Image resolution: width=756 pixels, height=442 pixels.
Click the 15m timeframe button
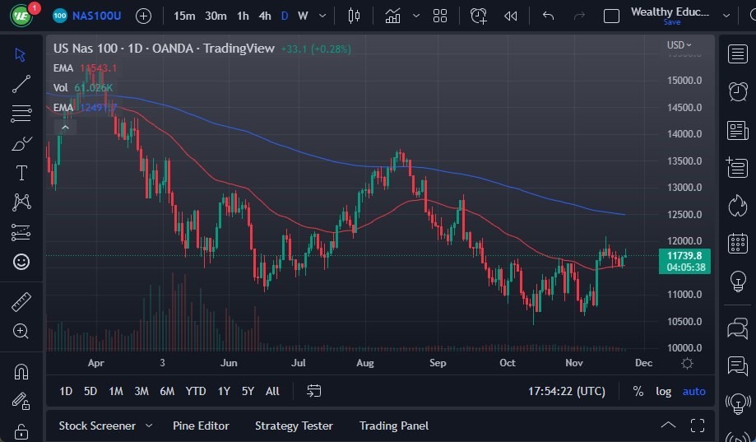coord(184,16)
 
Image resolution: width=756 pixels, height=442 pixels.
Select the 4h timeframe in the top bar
coord(264,16)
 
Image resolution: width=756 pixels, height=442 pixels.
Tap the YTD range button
coord(196,391)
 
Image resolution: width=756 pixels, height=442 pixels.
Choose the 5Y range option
coord(248,391)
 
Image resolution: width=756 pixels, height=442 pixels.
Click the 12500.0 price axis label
coord(684,215)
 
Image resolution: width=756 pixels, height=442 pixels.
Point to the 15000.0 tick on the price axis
coord(684,81)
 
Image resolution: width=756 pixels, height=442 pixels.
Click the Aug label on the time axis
coord(365,363)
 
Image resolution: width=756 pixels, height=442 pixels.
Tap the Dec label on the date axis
coord(643,363)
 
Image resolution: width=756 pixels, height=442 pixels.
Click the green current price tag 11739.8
coord(684,256)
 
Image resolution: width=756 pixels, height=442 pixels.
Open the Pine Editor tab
coord(201,426)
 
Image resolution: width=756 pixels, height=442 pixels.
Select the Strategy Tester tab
coord(294,426)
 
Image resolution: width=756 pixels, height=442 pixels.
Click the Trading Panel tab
coord(393,426)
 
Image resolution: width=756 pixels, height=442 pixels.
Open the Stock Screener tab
coord(97,426)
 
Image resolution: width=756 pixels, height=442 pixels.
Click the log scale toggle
coord(663,391)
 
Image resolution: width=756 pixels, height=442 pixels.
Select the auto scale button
coord(693,391)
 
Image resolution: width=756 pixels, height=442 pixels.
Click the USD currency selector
coord(678,45)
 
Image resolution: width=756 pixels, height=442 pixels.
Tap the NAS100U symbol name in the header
coord(96,16)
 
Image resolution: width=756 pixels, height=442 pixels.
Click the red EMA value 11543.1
coord(98,68)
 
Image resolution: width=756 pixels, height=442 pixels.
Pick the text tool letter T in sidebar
coord(21,173)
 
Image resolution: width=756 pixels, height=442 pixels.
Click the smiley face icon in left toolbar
coord(21,262)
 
